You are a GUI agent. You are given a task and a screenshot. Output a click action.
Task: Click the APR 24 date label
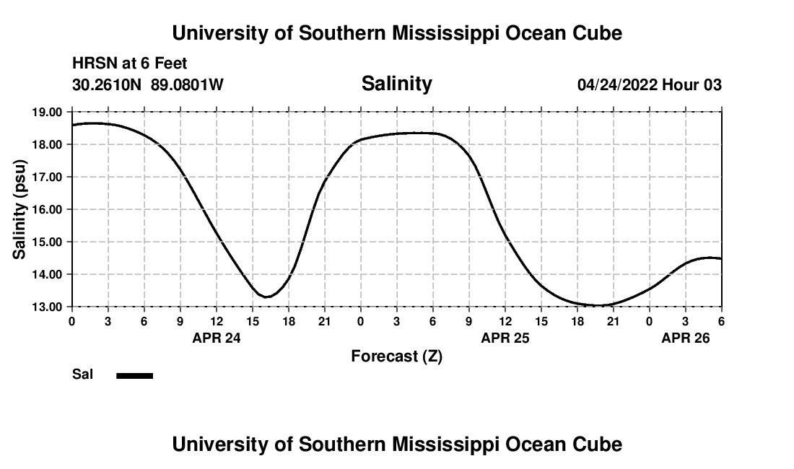coord(216,338)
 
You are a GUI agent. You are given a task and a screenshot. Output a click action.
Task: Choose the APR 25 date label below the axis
coord(505,338)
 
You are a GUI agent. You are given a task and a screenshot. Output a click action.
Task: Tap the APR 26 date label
coord(685,338)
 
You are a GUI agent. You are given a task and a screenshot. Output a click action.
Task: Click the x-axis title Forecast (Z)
coord(396,356)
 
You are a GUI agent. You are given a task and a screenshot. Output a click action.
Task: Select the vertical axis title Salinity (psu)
coord(20,209)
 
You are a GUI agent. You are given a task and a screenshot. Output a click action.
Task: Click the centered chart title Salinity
coord(396,84)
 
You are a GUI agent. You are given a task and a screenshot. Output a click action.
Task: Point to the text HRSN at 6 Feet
coord(130,64)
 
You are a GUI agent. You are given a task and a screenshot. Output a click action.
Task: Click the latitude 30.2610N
coord(108,85)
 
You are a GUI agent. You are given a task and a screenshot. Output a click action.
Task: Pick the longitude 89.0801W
coord(187,85)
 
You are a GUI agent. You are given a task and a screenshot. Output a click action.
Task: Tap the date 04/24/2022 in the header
coord(617,85)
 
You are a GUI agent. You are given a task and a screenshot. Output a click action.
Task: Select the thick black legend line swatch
coord(134,375)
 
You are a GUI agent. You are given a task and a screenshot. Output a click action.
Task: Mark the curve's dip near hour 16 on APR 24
coord(266,297)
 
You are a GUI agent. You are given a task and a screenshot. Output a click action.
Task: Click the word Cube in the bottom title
coord(599,444)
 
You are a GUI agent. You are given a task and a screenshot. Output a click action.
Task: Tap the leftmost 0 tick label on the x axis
coord(72,321)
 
